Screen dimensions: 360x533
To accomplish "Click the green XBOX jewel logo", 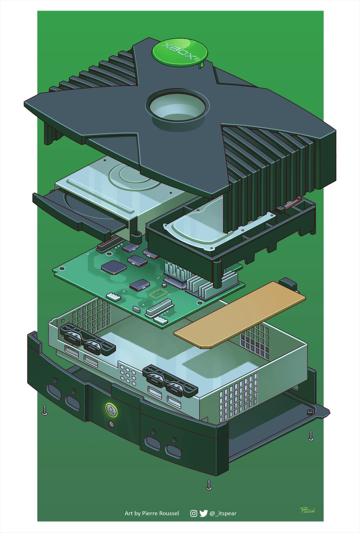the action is pos(180,53).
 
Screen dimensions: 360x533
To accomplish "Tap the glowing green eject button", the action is pos(111,410).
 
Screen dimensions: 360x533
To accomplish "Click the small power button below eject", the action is pos(111,424).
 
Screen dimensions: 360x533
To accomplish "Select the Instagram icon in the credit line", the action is pos(193,513).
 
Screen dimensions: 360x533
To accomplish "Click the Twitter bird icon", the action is pos(203,513).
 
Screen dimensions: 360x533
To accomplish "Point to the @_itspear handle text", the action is pos(223,513).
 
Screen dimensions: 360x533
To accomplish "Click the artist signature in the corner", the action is pos(307,510).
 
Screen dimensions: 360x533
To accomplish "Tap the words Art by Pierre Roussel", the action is pos(152,513).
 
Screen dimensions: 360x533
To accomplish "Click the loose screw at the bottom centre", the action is pos(209,485).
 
